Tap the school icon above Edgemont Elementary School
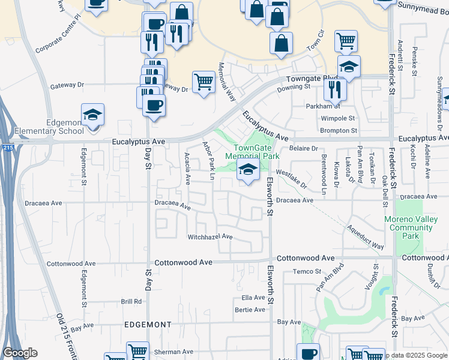[x=92, y=115]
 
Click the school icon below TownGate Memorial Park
[x=248, y=169]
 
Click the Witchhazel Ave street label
[x=209, y=236]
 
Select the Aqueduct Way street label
[x=364, y=237]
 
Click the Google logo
[x=20, y=353]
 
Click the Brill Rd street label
[x=131, y=301]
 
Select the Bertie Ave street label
[x=250, y=310]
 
